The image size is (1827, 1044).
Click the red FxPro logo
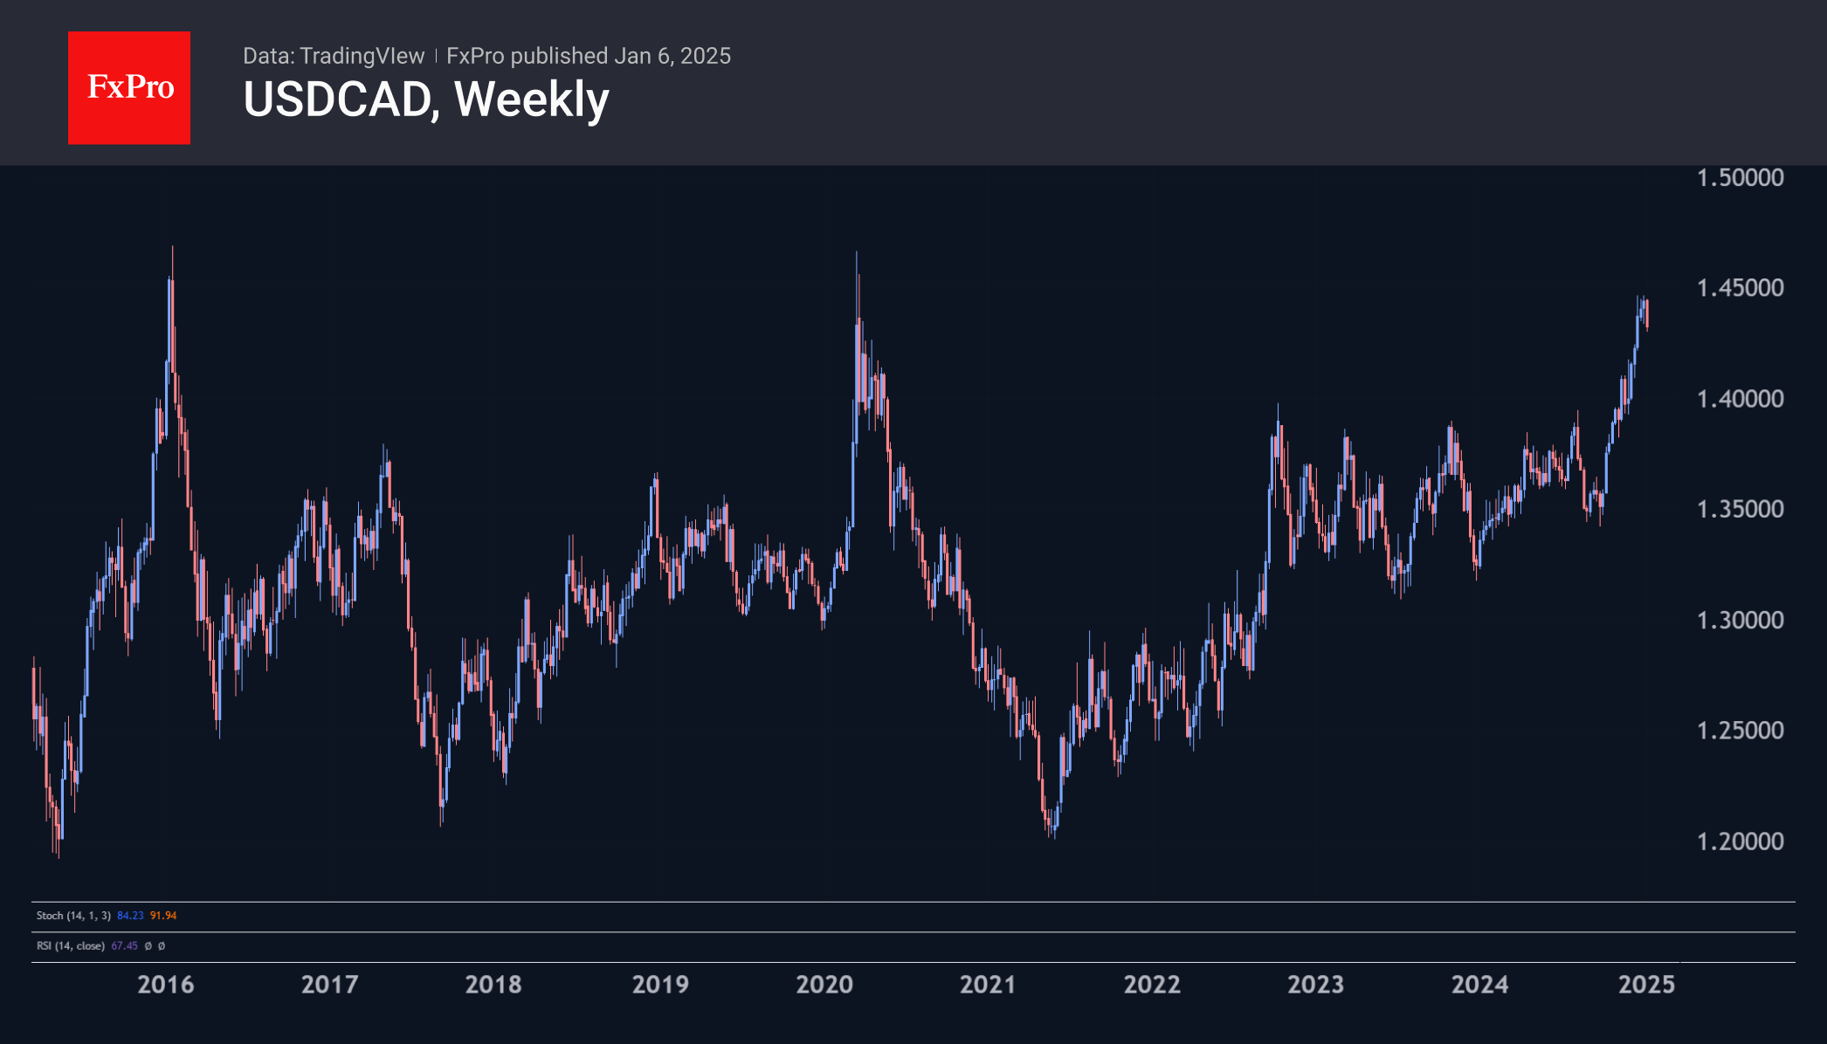pyautogui.click(x=129, y=87)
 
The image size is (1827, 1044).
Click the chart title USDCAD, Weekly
pyautogui.click(x=425, y=100)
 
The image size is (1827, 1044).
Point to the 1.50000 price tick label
pyautogui.click(x=1740, y=178)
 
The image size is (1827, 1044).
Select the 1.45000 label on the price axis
pyautogui.click(x=1740, y=288)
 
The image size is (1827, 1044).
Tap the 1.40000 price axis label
pyautogui.click(x=1740, y=399)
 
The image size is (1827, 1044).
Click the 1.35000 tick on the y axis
pyautogui.click(x=1740, y=509)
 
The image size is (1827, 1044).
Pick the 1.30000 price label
pyautogui.click(x=1740, y=620)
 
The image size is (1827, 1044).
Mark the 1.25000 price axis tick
pyautogui.click(x=1740, y=731)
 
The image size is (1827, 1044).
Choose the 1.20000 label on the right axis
pyautogui.click(x=1740, y=841)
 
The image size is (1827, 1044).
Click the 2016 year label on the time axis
pyautogui.click(x=166, y=985)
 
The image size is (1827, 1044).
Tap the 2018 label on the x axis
pyautogui.click(x=493, y=985)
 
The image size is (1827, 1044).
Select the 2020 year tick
pyautogui.click(x=824, y=985)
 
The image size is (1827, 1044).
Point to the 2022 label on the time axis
pyautogui.click(x=1152, y=985)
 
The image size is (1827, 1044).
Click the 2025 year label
pyautogui.click(x=1646, y=985)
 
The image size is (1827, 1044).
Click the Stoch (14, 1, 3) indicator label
pyautogui.click(x=73, y=916)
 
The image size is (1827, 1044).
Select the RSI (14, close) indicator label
pyautogui.click(x=70, y=946)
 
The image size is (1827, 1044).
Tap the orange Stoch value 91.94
pyautogui.click(x=163, y=916)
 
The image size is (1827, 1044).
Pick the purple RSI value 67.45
pyautogui.click(x=125, y=946)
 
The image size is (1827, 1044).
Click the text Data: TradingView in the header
pyautogui.click(x=333, y=56)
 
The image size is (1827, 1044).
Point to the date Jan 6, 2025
pyautogui.click(x=672, y=56)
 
